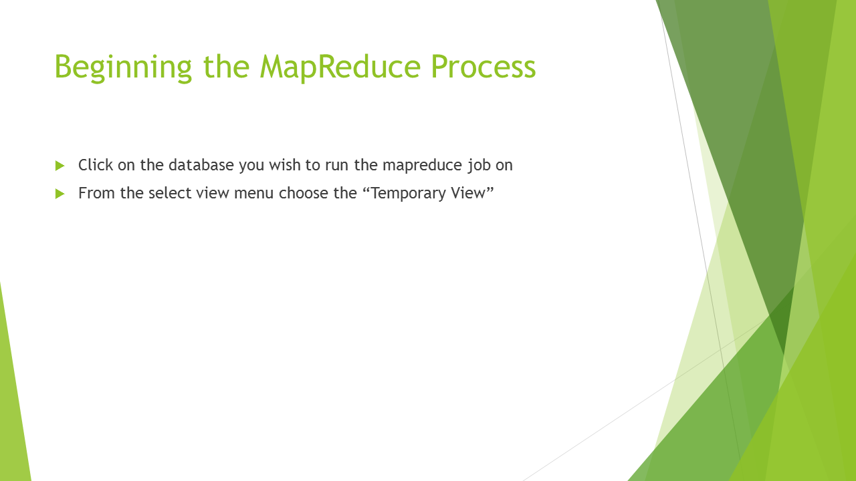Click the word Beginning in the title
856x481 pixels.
tap(123, 67)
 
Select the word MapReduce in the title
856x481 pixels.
tap(340, 67)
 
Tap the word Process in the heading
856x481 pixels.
tap(484, 66)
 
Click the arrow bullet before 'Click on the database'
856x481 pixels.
tap(60, 166)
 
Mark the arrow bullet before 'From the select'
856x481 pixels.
tap(60, 194)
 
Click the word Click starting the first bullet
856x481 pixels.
tap(96, 165)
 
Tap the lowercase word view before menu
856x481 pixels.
tap(213, 193)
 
